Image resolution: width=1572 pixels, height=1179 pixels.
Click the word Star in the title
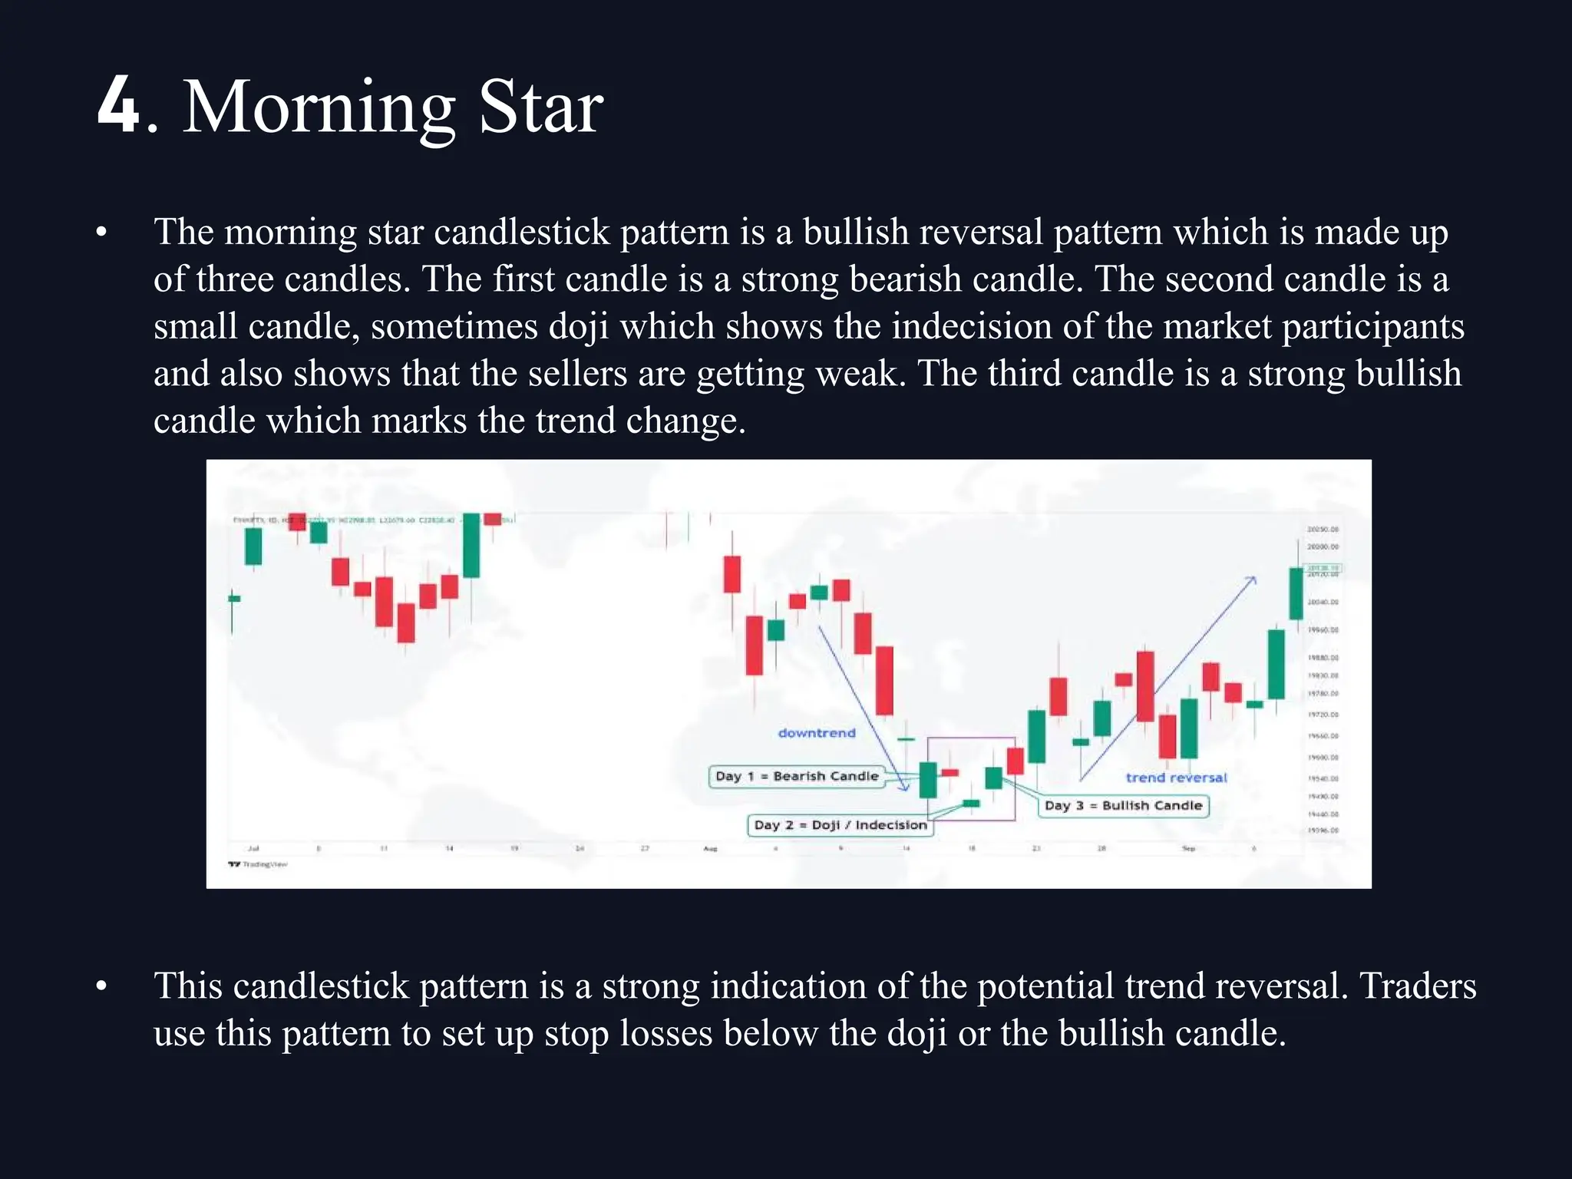click(540, 107)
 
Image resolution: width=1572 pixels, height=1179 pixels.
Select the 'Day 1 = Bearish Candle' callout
click(796, 776)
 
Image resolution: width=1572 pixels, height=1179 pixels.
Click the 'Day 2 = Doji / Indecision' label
click(840, 825)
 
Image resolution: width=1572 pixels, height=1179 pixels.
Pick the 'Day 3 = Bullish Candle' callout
click(1123, 805)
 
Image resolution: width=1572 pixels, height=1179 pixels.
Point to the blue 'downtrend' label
click(816, 733)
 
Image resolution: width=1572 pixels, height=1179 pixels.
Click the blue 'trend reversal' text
click(1176, 778)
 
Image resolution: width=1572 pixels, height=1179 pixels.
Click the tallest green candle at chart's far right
click(1296, 593)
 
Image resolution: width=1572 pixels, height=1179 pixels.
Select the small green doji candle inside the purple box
click(971, 803)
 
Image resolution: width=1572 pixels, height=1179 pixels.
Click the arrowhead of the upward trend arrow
click(1253, 580)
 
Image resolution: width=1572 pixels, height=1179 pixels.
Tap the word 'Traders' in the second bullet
click(1418, 986)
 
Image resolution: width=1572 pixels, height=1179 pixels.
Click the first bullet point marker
click(101, 232)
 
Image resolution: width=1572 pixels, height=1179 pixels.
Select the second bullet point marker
click(101, 986)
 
